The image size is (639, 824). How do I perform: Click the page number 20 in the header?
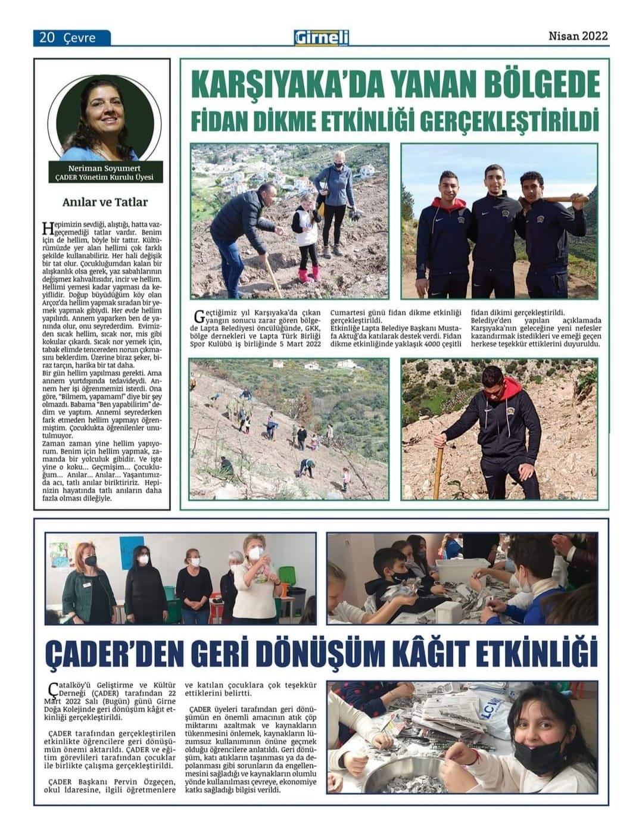click(x=47, y=38)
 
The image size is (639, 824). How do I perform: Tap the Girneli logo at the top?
click(x=322, y=38)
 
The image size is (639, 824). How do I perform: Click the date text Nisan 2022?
click(x=578, y=36)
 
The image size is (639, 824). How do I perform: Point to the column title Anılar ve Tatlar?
click(x=105, y=202)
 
